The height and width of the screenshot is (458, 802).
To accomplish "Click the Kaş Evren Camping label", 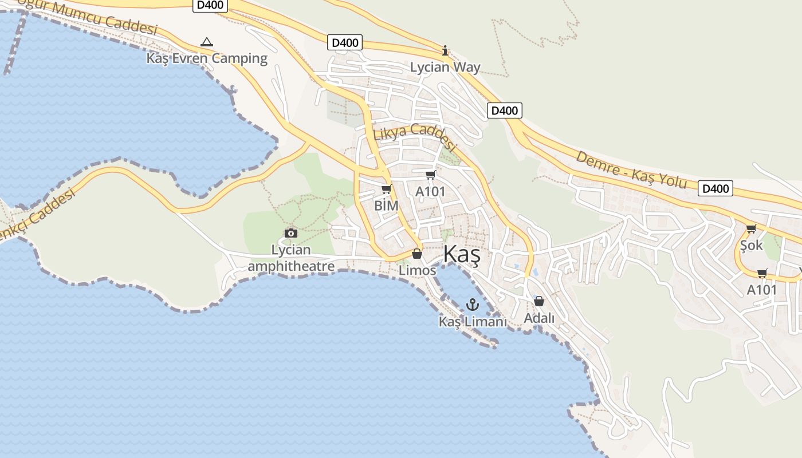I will tap(207, 58).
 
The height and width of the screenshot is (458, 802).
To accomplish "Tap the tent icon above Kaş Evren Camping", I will tap(207, 42).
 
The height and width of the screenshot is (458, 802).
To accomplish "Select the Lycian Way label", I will tap(445, 68).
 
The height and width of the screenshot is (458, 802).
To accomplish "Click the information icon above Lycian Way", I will tap(445, 50).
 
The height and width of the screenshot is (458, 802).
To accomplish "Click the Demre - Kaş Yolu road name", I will tap(631, 169).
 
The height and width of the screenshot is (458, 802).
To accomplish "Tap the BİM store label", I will tap(386, 206).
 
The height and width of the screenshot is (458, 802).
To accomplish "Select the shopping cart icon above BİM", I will tap(387, 189).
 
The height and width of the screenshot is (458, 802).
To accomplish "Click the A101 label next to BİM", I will tap(430, 192).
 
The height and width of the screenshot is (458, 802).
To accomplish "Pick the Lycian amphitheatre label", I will tap(291, 258).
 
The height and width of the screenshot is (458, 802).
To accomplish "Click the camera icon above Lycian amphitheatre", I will tap(291, 233).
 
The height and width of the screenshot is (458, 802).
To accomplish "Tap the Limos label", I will tap(418, 270).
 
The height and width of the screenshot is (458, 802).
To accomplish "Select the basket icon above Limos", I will tap(417, 254).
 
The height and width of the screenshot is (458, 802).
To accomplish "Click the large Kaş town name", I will tap(462, 255).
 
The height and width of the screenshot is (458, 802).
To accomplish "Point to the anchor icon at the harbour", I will tap(473, 305).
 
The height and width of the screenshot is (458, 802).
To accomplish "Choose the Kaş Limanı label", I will tap(473, 322).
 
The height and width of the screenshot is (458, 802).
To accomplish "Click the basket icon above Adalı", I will tap(539, 301).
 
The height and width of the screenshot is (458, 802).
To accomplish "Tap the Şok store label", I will tap(752, 246).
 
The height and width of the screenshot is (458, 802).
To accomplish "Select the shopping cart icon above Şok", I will tap(751, 229).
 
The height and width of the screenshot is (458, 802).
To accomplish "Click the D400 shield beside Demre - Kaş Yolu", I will tap(715, 188).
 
